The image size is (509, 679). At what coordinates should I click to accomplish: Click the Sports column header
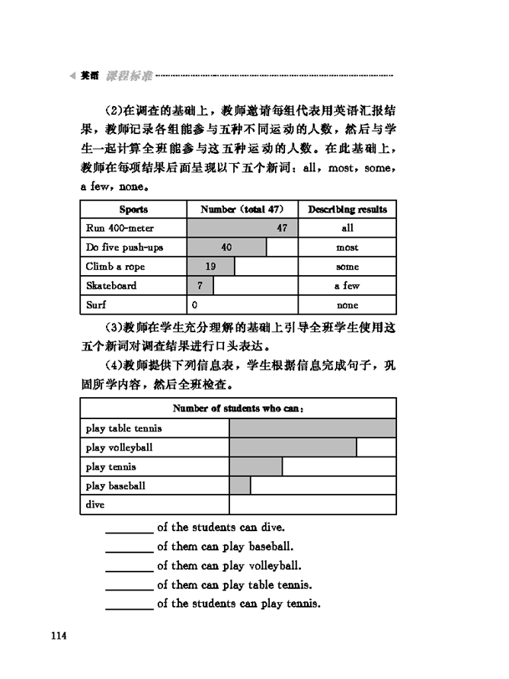(133, 210)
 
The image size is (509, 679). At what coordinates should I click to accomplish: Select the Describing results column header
(347, 210)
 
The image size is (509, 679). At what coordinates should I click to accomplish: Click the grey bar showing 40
(226, 248)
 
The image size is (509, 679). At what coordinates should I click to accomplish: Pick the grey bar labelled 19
(210, 267)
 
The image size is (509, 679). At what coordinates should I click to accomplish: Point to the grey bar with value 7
(200, 286)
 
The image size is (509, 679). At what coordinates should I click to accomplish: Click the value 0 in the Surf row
(195, 305)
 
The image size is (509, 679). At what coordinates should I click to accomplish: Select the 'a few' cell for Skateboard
(347, 286)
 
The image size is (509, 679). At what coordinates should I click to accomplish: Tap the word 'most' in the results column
(347, 248)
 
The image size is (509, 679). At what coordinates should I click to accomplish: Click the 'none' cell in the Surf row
(347, 305)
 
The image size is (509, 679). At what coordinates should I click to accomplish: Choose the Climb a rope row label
(115, 267)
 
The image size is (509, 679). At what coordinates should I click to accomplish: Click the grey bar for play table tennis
(312, 428)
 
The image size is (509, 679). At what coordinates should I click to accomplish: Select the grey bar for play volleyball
(293, 447)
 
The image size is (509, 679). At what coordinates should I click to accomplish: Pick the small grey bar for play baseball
(240, 485)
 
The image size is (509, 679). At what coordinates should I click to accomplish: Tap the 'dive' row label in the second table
(95, 504)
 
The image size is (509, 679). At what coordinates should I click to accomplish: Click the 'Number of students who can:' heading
(238, 408)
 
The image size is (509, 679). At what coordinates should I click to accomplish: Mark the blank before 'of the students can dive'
(129, 528)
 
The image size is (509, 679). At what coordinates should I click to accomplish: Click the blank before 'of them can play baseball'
(129, 547)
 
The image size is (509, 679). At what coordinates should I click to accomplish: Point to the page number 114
(59, 636)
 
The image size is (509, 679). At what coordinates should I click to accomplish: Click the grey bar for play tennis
(255, 466)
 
